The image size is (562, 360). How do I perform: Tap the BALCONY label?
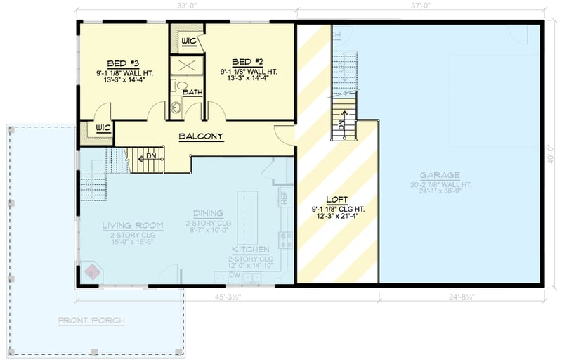(201, 136)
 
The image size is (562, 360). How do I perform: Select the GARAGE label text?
(440, 175)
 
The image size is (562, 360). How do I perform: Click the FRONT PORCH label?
(91, 321)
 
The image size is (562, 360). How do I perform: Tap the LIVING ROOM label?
(132, 226)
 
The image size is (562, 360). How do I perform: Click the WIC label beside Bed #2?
(188, 41)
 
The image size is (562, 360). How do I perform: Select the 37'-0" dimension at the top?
(419, 7)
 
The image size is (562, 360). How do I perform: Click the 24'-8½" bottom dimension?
(460, 297)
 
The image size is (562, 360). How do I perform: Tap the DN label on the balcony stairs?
(150, 156)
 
